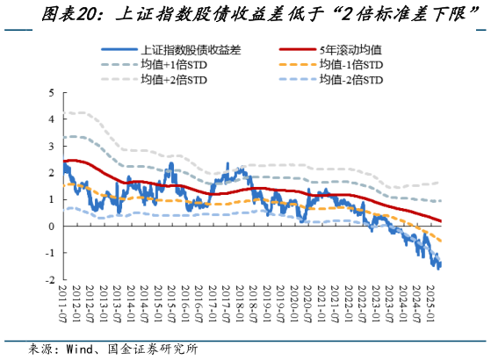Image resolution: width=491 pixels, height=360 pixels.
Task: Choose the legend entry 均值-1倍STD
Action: click(351, 65)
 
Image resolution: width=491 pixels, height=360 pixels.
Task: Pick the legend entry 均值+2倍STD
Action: click(176, 80)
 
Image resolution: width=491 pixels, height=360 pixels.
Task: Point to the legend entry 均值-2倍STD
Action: click(351, 80)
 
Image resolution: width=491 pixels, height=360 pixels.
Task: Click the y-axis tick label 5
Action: click(52, 92)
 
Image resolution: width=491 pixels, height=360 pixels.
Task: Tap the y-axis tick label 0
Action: click(52, 227)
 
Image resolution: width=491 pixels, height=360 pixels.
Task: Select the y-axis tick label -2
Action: click(50, 280)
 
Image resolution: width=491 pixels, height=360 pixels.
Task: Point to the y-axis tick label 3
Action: click(52, 146)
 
